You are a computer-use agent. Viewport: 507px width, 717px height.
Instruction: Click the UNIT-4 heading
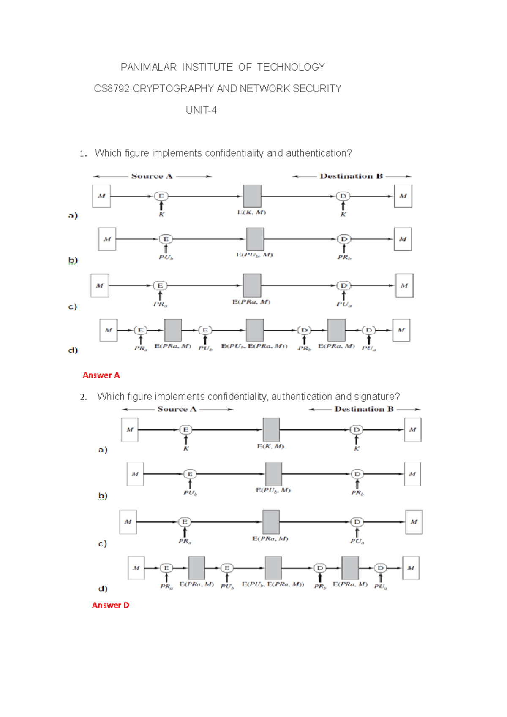[x=201, y=110]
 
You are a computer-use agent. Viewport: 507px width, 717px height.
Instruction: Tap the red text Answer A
[x=101, y=375]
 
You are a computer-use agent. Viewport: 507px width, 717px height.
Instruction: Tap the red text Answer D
[x=110, y=605]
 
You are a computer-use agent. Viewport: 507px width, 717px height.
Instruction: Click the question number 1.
[x=83, y=154]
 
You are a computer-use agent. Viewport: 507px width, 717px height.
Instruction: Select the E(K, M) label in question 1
[x=251, y=212]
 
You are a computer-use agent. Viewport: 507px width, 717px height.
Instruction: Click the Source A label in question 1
[x=152, y=176]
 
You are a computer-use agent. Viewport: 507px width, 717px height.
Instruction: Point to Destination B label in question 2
[x=364, y=409]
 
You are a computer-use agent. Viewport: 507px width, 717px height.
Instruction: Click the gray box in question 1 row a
[x=252, y=196]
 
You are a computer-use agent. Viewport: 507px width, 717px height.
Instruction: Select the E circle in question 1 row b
[x=166, y=239]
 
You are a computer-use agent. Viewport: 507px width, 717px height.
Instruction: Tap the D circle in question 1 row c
[x=344, y=286]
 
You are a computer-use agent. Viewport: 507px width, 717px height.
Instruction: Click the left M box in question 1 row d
[x=109, y=330]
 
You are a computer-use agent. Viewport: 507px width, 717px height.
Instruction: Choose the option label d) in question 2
[x=103, y=588]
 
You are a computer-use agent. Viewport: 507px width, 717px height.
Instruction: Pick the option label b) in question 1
[x=73, y=260]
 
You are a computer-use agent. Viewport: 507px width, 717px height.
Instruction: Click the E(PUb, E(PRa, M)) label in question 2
[x=273, y=584]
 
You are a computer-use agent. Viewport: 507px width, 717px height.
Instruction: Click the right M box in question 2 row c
[x=414, y=522]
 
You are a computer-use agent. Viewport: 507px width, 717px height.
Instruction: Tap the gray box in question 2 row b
[x=273, y=474]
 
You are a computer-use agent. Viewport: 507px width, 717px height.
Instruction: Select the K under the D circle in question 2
[x=356, y=448]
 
